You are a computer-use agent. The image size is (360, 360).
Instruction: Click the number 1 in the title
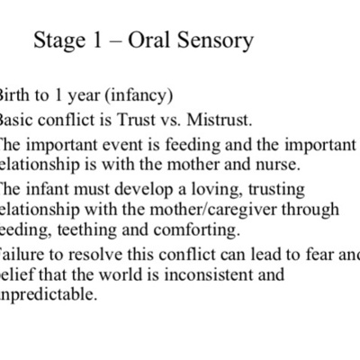102,41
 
